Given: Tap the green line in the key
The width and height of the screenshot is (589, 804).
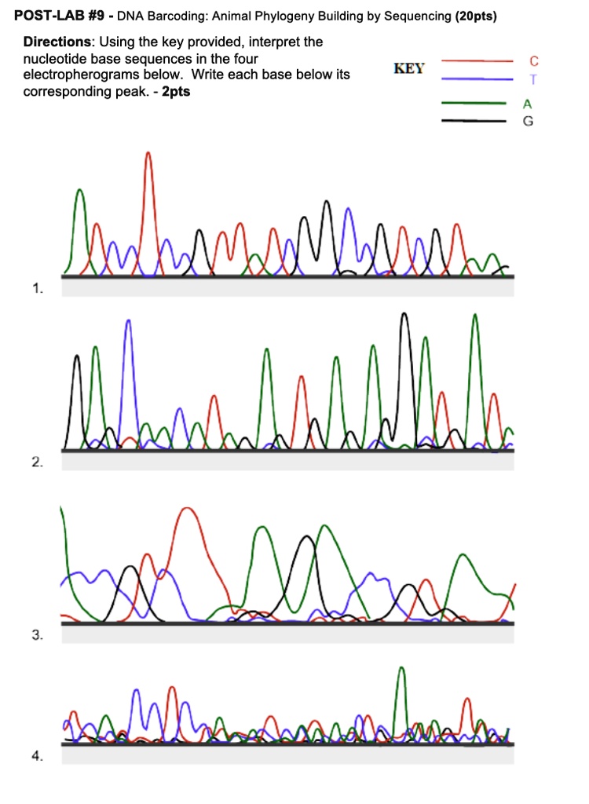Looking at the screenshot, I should coord(472,103).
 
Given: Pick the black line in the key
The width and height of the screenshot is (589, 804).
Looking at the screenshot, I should coord(472,121).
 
